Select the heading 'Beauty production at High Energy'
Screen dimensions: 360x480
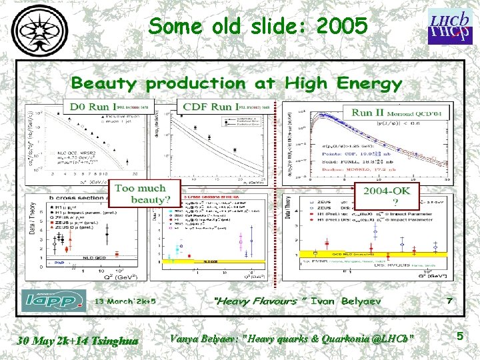(236, 83)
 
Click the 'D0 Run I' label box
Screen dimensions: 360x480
(93, 107)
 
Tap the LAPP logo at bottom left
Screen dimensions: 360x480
(53, 300)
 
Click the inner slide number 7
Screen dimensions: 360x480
(449, 301)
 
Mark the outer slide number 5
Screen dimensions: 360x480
(460, 337)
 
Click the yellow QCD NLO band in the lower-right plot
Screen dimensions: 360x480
(373, 253)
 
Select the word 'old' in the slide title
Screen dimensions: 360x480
(229, 27)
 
